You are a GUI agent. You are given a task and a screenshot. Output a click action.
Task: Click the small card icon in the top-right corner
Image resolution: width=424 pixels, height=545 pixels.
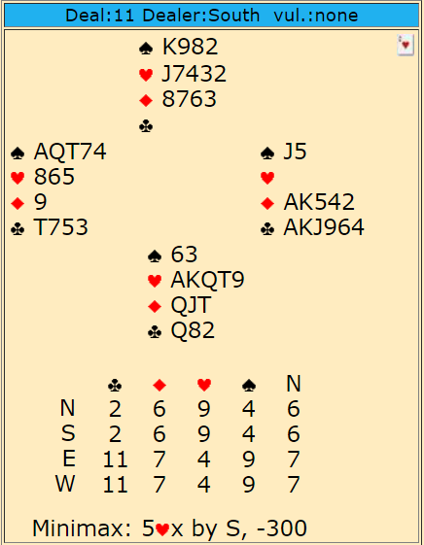coord(406,45)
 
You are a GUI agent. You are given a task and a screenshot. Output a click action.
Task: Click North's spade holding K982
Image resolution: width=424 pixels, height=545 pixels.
coord(190,47)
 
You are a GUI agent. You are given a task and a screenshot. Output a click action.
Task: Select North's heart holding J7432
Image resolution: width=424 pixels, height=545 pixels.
coord(194,74)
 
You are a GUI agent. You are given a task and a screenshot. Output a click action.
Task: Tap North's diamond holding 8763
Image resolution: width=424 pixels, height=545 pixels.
coord(190,99)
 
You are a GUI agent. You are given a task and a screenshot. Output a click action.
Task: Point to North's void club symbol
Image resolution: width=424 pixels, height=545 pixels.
coord(146,126)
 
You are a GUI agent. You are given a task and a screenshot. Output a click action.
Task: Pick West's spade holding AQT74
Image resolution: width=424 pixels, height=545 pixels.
coord(70,152)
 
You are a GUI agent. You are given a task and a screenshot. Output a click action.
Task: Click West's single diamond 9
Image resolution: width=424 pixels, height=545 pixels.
coord(40,202)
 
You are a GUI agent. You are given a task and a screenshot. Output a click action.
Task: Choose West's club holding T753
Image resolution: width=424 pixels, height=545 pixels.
coord(60,227)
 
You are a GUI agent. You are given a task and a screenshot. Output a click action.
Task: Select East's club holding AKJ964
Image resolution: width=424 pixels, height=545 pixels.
coord(324,227)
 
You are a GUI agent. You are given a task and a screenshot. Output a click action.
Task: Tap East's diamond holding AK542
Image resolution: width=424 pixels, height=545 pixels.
coord(319,202)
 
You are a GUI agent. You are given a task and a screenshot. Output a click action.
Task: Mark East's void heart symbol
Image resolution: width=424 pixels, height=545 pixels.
coord(267,178)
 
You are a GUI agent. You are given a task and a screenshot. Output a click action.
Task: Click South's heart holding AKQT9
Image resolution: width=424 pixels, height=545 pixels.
coord(208,280)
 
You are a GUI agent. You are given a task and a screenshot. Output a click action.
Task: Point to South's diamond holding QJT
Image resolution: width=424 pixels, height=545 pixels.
coord(191,305)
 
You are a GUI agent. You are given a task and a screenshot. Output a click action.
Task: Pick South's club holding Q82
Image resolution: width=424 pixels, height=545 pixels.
coord(193,330)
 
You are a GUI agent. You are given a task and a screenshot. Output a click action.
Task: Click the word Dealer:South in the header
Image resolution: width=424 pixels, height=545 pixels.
coord(201,16)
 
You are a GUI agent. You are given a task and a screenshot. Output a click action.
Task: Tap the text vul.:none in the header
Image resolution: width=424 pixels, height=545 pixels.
coord(316,16)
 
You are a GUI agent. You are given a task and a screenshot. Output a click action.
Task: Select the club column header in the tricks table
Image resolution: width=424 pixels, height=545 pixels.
coord(115,386)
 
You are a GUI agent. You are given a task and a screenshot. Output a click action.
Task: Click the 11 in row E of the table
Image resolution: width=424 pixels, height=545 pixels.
coord(115,460)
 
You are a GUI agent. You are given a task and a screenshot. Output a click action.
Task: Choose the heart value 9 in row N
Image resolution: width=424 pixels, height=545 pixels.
coord(204,409)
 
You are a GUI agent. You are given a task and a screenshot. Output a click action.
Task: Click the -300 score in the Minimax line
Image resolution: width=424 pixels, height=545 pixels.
coord(282,528)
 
